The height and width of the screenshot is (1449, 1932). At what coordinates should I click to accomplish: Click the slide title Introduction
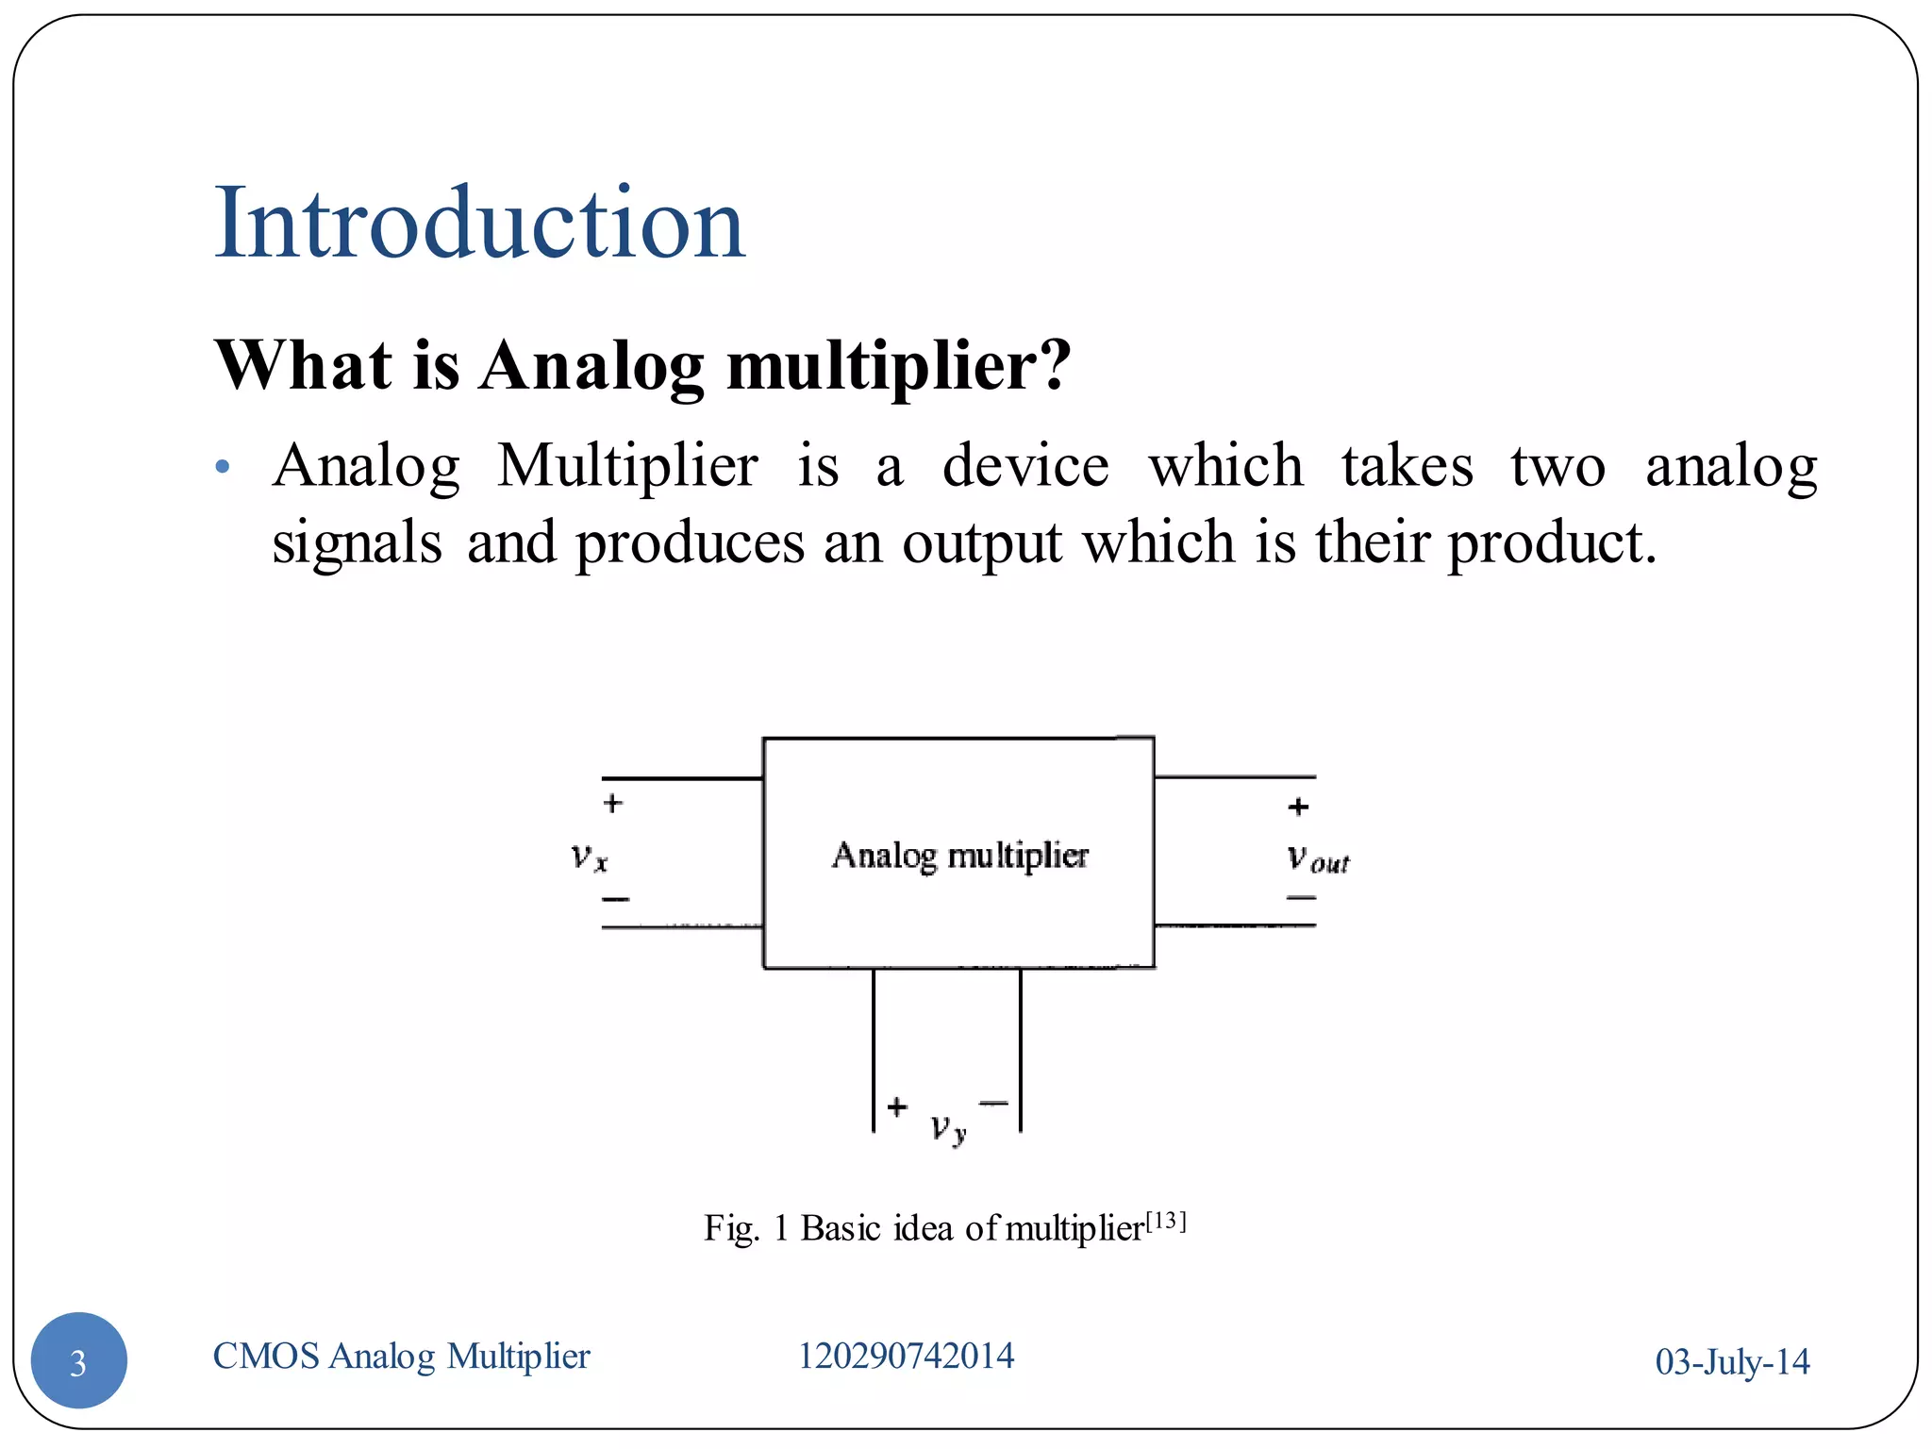point(479,224)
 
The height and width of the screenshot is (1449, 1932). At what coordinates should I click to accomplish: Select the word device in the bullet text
point(1025,466)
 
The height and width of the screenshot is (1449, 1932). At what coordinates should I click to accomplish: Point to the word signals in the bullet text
point(357,544)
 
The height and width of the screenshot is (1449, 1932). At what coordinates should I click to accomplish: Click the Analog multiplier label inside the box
point(959,855)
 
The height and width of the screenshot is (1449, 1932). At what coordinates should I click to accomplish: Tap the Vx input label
point(590,857)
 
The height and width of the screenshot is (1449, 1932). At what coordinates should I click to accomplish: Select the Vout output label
point(1318,858)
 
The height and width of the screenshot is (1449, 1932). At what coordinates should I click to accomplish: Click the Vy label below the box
point(948,1127)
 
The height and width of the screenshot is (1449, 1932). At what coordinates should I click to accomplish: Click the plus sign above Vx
point(613,804)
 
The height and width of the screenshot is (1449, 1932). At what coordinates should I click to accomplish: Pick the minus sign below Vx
point(615,899)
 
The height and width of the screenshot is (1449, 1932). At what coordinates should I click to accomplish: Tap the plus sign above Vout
point(1298,807)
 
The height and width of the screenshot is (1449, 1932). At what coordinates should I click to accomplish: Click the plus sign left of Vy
point(897,1106)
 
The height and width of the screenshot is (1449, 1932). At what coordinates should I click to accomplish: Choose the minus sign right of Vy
point(994,1102)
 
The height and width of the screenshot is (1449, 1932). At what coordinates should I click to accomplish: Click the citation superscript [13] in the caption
point(1166,1221)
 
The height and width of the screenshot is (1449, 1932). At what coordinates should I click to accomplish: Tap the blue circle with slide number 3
point(79,1360)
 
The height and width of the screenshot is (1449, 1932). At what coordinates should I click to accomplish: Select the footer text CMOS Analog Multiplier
point(401,1357)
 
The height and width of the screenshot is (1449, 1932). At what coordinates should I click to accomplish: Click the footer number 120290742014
point(906,1357)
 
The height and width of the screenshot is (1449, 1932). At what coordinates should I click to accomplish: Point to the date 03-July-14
point(1732,1362)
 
